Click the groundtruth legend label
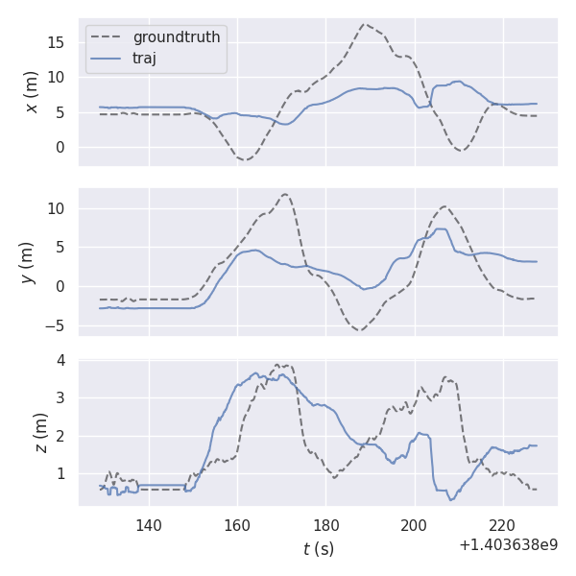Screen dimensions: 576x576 [x=177, y=37]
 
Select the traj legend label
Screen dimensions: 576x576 [x=144, y=58]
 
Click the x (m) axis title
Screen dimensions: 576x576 [x=32, y=92]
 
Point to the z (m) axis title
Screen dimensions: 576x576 [x=40, y=433]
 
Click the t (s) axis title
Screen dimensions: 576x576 [x=318, y=548]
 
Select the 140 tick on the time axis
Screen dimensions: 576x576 [x=149, y=525]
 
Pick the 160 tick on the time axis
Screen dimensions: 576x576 [x=237, y=525]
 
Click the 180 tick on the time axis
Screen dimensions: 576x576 [x=325, y=525]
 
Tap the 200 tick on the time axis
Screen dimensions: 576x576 [x=414, y=525]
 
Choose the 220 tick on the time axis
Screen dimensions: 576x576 [x=502, y=525]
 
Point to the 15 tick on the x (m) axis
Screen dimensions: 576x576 [x=59, y=42]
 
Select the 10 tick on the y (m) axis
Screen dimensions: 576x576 [x=59, y=208]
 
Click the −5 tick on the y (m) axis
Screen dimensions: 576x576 [x=56, y=325]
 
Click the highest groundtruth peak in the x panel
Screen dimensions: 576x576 [x=365, y=25]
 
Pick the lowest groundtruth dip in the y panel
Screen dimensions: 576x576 [x=359, y=330]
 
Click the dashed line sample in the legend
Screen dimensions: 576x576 [x=107, y=37]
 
